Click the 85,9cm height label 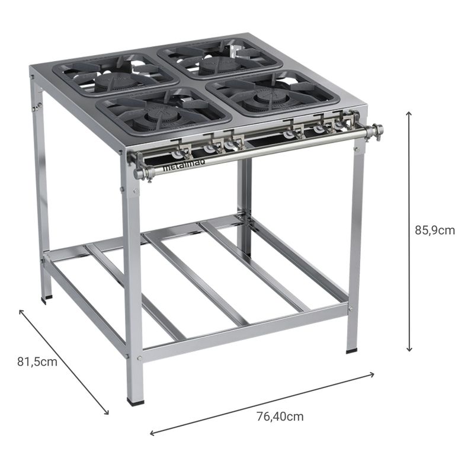coord(434,230)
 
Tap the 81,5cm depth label coord(37,361)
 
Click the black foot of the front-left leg coord(136,401)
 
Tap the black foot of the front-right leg coord(353,350)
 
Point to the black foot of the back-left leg coord(47,299)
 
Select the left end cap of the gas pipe coord(137,173)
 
